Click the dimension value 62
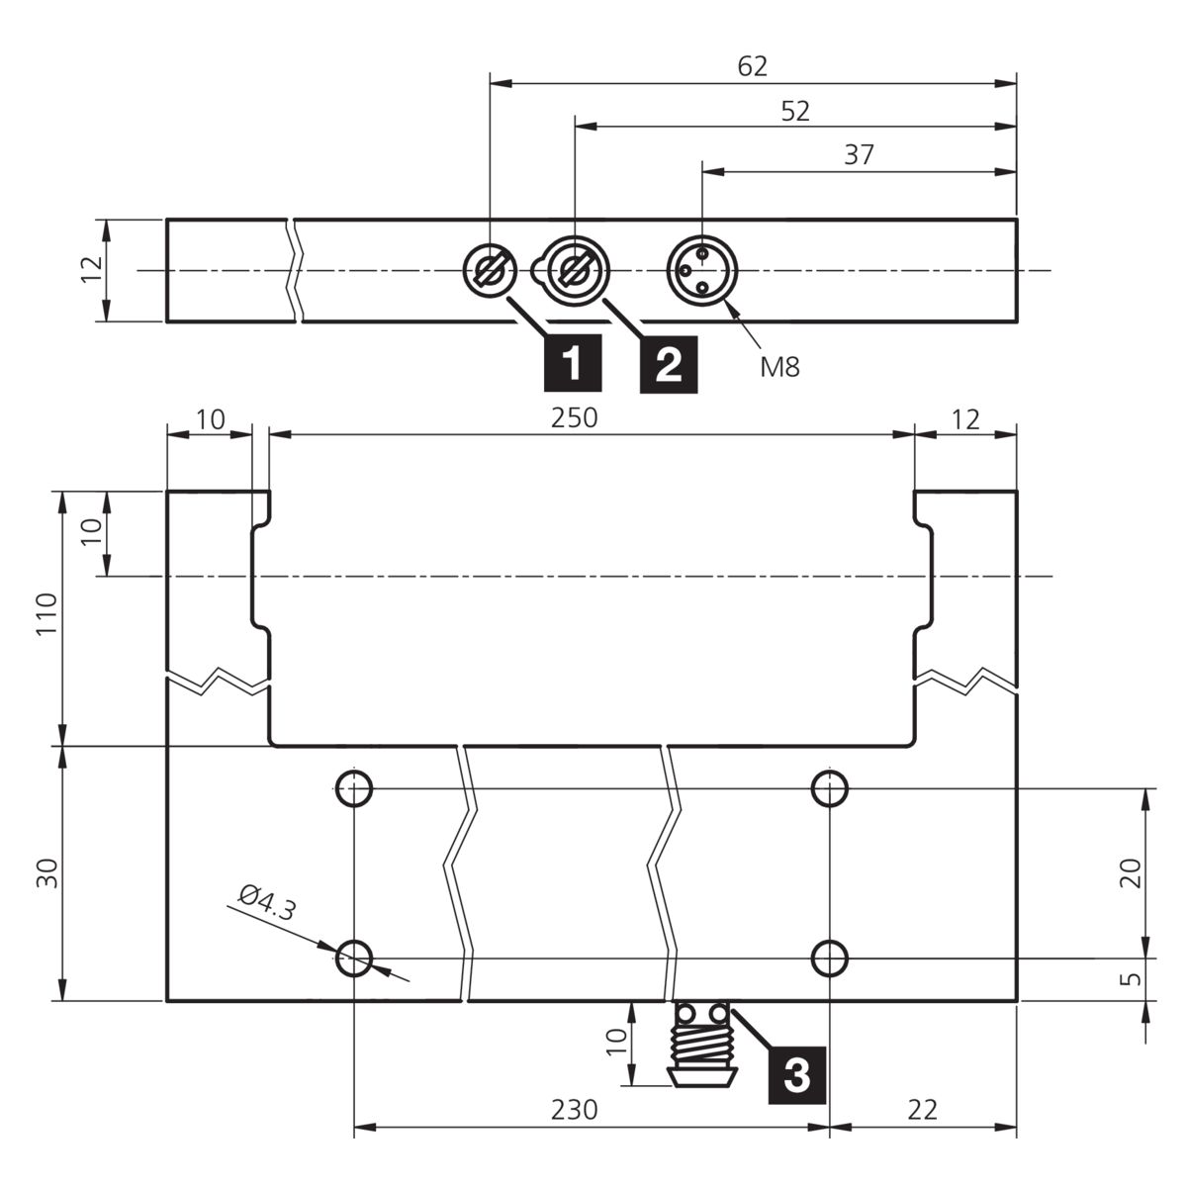[x=752, y=66]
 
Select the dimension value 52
[x=795, y=111]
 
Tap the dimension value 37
[x=859, y=154]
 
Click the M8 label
[x=779, y=367]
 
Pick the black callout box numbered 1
[x=573, y=363]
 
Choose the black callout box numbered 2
[x=669, y=364]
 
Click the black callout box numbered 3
[x=797, y=1075]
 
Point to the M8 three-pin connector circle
[x=701, y=270]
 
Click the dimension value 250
[x=574, y=418]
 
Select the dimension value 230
[x=574, y=1110]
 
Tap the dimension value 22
[x=922, y=1110]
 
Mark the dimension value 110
[x=47, y=614]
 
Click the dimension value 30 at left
[x=47, y=872]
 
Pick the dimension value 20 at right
[x=1130, y=872]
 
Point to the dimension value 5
[x=1130, y=979]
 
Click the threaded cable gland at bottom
[x=702, y=1045]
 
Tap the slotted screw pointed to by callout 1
[x=491, y=270]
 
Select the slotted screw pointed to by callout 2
[x=575, y=270]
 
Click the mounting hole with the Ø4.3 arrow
[x=354, y=959]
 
